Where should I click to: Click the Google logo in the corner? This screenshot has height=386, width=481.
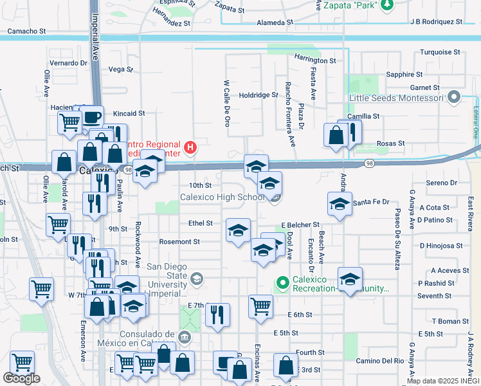21,378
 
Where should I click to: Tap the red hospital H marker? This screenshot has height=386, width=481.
190,148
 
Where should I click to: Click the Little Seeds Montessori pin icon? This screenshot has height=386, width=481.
454,98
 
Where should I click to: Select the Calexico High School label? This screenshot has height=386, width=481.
222,197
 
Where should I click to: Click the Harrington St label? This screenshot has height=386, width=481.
315,60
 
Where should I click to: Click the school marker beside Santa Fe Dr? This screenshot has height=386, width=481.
340,204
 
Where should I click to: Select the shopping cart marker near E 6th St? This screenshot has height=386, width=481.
260,306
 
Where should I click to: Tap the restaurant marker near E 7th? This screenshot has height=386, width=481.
217,315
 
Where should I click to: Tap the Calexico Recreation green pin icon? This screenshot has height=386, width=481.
282,282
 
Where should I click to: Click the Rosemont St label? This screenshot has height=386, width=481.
179,242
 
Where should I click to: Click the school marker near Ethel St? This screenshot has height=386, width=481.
238,230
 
